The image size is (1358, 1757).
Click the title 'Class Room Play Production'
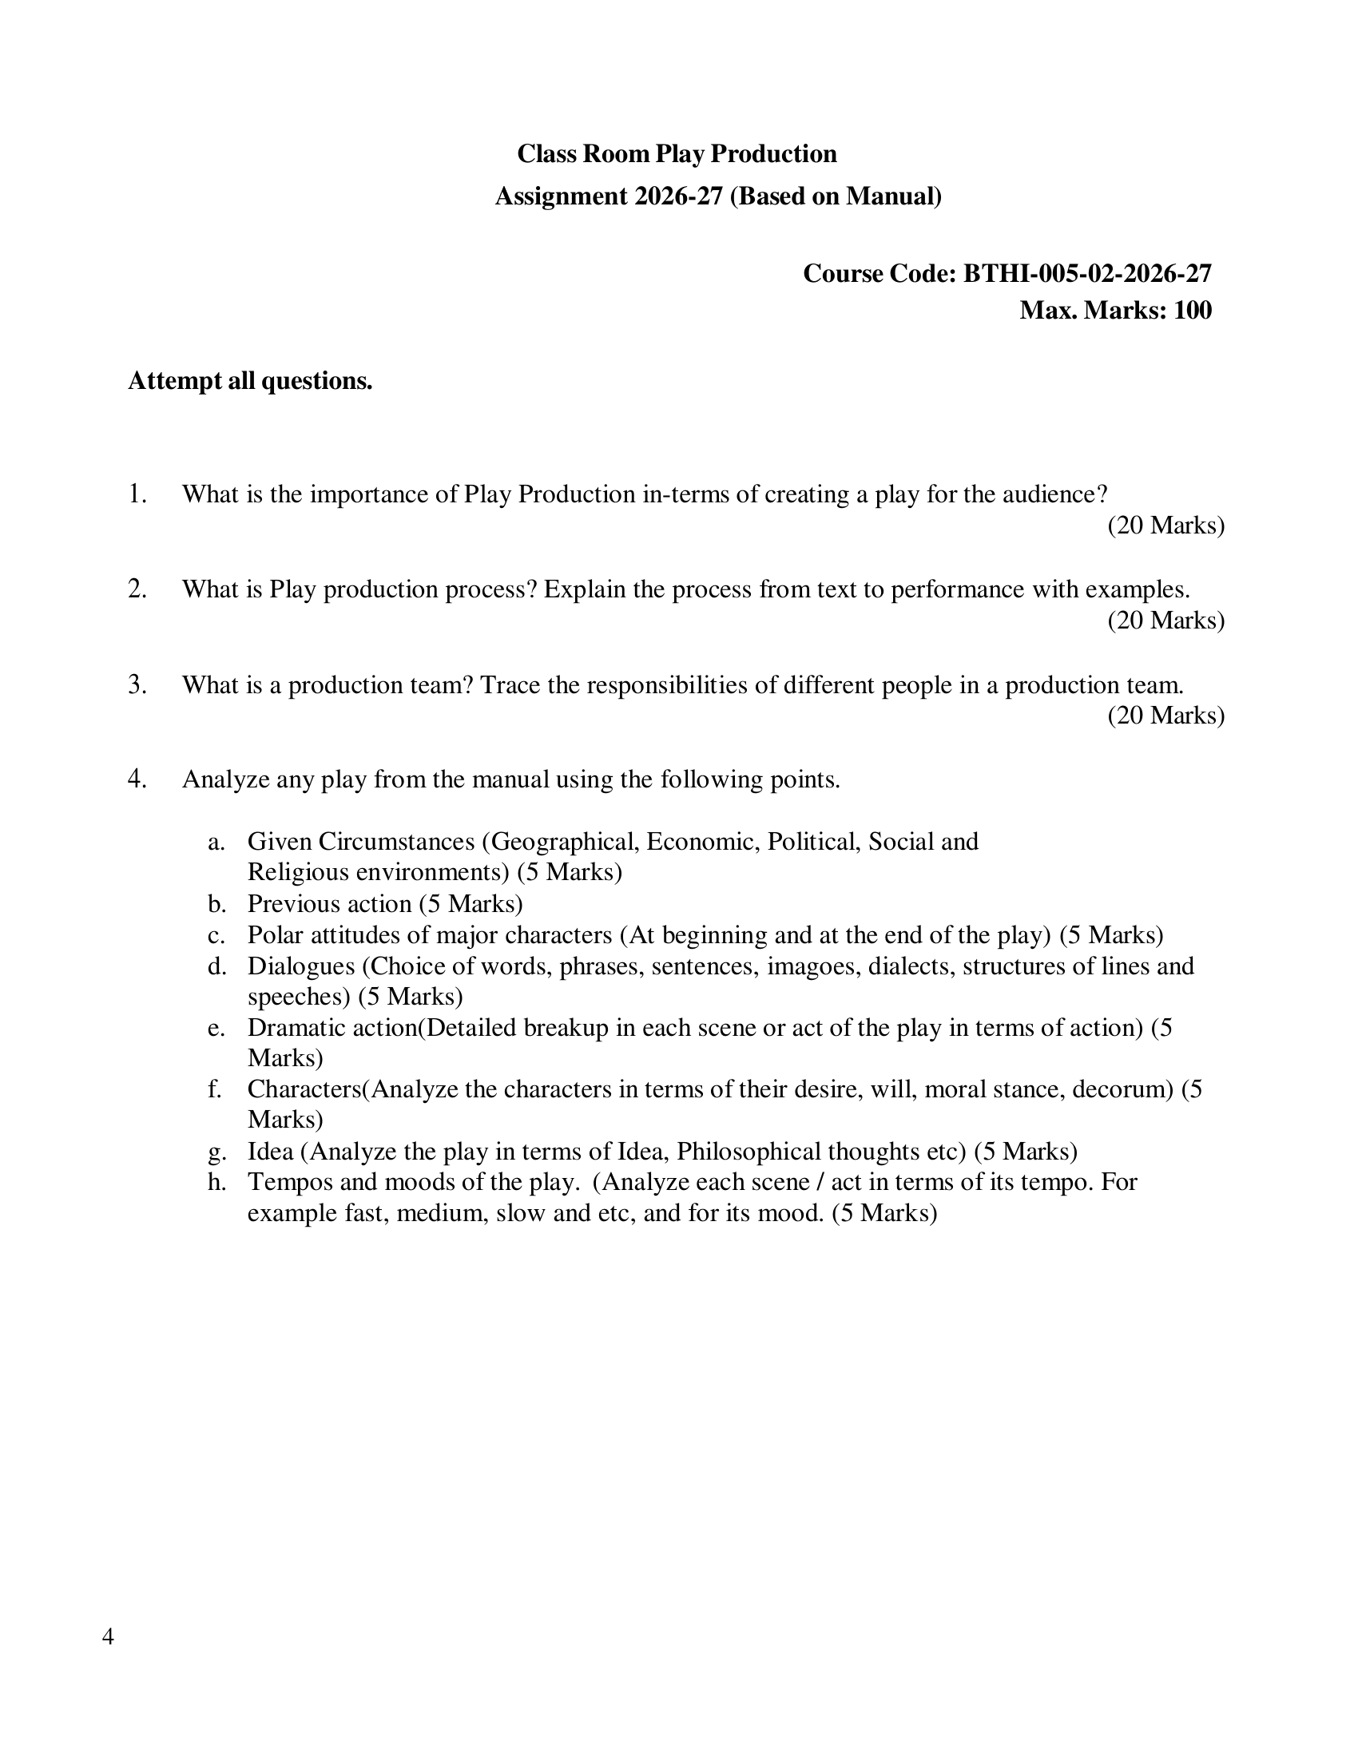[x=677, y=153]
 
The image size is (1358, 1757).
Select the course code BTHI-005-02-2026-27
[x=1087, y=273]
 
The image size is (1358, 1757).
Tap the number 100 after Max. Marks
[x=1193, y=310]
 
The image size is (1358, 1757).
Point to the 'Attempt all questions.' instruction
[x=250, y=380]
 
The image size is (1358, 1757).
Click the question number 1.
[x=137, y=494]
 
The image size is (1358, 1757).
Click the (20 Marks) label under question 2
[x=1165, y=621]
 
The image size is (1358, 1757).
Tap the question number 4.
[x=137, y=779]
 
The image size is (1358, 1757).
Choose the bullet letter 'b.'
[x=217, y=904]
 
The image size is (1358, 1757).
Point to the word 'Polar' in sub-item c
[x=275, y=935]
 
